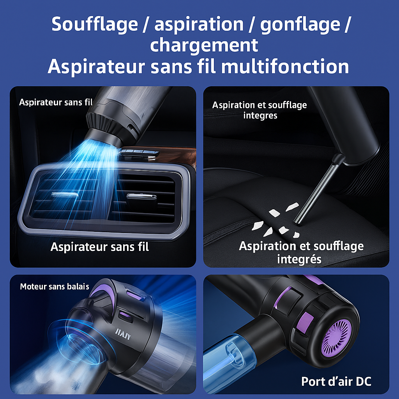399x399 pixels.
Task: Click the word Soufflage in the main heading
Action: (94, 25)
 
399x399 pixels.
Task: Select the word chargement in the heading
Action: (204, 45)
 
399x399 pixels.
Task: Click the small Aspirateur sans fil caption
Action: (56, 102)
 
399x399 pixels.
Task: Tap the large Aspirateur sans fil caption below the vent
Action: (100, 247)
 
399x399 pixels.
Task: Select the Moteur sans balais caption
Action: (55, 287)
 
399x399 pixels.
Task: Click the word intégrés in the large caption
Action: (299, 259)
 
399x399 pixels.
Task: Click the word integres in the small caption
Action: (260, 115)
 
